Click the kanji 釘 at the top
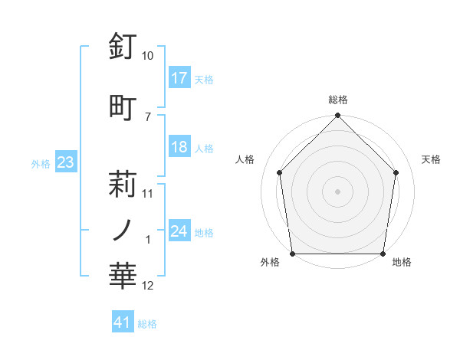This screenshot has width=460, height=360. [123, 47]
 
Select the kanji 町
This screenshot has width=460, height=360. [123, 107]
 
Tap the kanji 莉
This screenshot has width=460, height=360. [123, 185]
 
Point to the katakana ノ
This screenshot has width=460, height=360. [123, 229]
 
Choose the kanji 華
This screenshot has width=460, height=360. [123, 277]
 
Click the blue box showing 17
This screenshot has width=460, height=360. [179, 77]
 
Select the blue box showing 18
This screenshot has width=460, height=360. [179, 147]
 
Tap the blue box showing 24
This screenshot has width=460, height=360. [179, 231]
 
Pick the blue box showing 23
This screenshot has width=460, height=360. [65, 162]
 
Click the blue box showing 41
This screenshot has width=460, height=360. [123, 322]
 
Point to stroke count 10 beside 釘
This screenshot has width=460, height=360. [148, 56]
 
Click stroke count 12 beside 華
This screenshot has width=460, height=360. [148, 286]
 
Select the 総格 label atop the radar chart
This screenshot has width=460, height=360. [338, 100]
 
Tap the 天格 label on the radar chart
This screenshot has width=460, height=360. [432, 159]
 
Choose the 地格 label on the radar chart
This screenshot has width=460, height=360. [402, 263]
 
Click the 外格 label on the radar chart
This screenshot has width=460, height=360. [270, 263]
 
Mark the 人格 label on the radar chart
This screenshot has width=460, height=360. [245, 159]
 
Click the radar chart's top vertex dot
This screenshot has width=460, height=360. [338, 116]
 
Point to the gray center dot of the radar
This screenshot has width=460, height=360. [338, 191]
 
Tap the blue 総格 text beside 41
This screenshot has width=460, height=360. [147, 324]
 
